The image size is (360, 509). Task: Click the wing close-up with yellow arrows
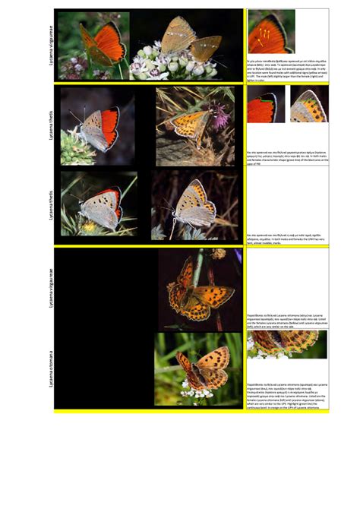click(x=270, y=32)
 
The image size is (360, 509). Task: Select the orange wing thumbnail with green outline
click(x=262, y=107)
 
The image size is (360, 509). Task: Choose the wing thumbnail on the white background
click(x=308, y=106)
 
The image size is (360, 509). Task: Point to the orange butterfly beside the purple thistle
click(x=190, y=122)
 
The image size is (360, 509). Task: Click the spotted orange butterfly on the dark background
click(x=196, y=289)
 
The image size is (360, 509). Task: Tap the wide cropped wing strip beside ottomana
click(x=286, y=344)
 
